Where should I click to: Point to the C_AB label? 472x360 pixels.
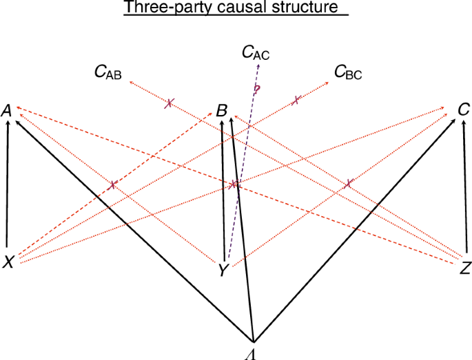click(108, 72)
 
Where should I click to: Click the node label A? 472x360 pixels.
click(7, 110)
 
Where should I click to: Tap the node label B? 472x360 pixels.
click(221, 111)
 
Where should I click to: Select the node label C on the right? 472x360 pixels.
click(464, 109)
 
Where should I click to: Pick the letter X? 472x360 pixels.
click(8, 262)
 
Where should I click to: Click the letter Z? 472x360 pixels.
click(464, 268)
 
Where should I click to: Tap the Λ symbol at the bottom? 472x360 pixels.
click(254, 352)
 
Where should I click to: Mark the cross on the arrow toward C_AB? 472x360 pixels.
click(169, 104)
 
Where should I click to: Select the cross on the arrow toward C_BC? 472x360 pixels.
click(296, 100)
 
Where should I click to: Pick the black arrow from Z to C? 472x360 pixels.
click(467, 186)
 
